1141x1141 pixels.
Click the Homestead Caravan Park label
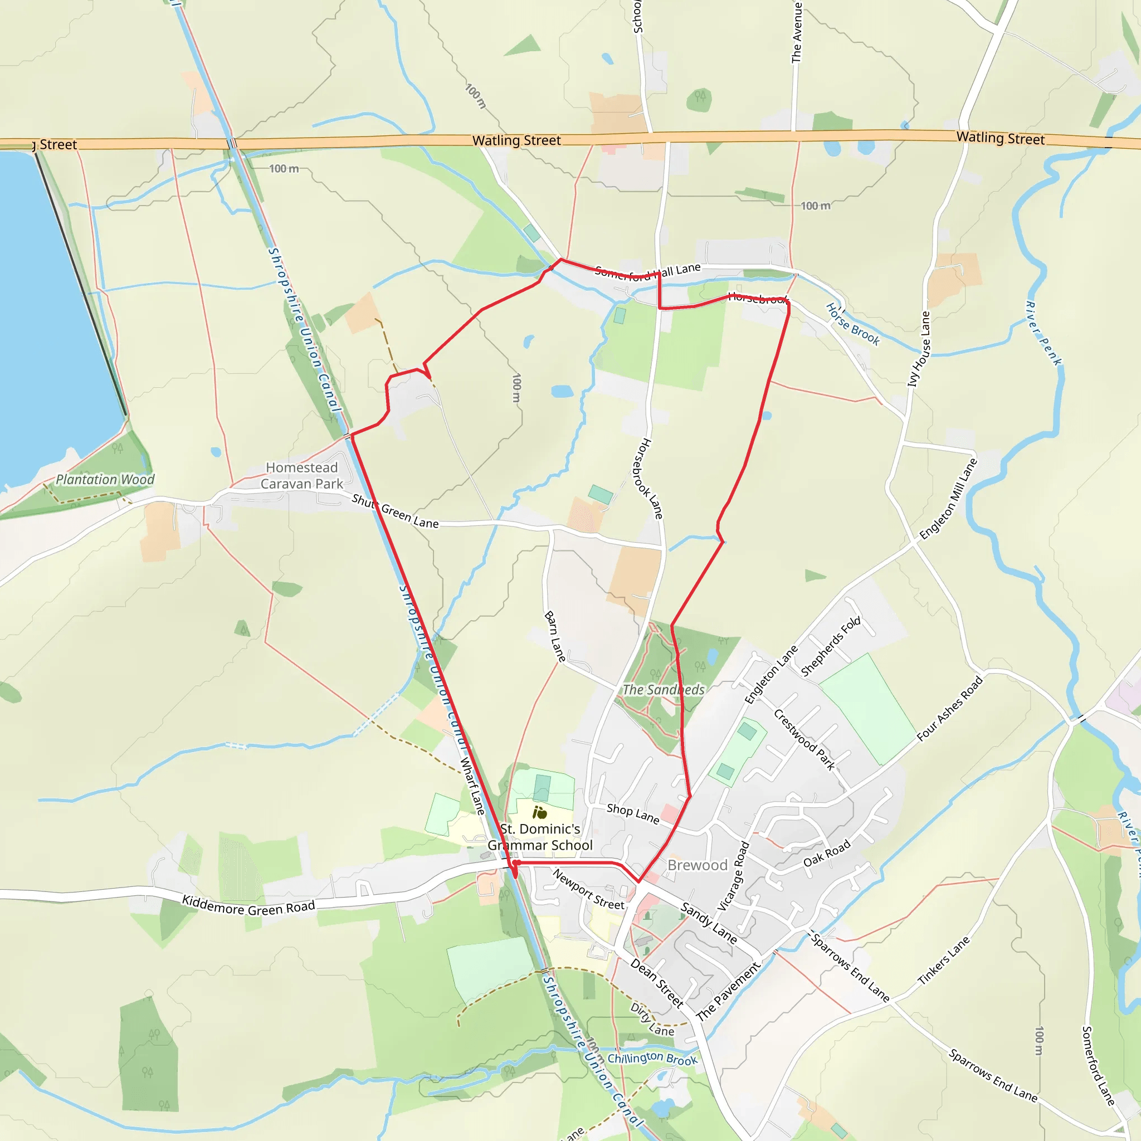tap(302, 475)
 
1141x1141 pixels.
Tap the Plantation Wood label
tap(105, 480)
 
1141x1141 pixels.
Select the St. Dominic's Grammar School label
tap(540, 837)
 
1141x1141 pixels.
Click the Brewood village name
tap(697, 865)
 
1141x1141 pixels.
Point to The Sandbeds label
tap(663, 690)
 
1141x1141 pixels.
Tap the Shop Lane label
tap(632, 813)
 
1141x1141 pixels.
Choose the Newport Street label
tap(588, 889)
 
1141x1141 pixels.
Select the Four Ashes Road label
tap(950, 708)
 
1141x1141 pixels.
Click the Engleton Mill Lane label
tap(948, 499)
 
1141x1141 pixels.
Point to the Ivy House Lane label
tap(919, 349)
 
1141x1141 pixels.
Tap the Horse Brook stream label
tap(852, 324)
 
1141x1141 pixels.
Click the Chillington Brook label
tap(652, 1059)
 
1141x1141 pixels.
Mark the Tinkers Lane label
tap(943, 961)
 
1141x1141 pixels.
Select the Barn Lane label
tap(554, 637)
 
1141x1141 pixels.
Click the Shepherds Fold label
tap(830, 646)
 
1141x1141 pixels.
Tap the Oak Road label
tap(827, 854)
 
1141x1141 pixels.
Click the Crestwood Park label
tap(804, 740)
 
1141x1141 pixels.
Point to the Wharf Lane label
tap(472, 786)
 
